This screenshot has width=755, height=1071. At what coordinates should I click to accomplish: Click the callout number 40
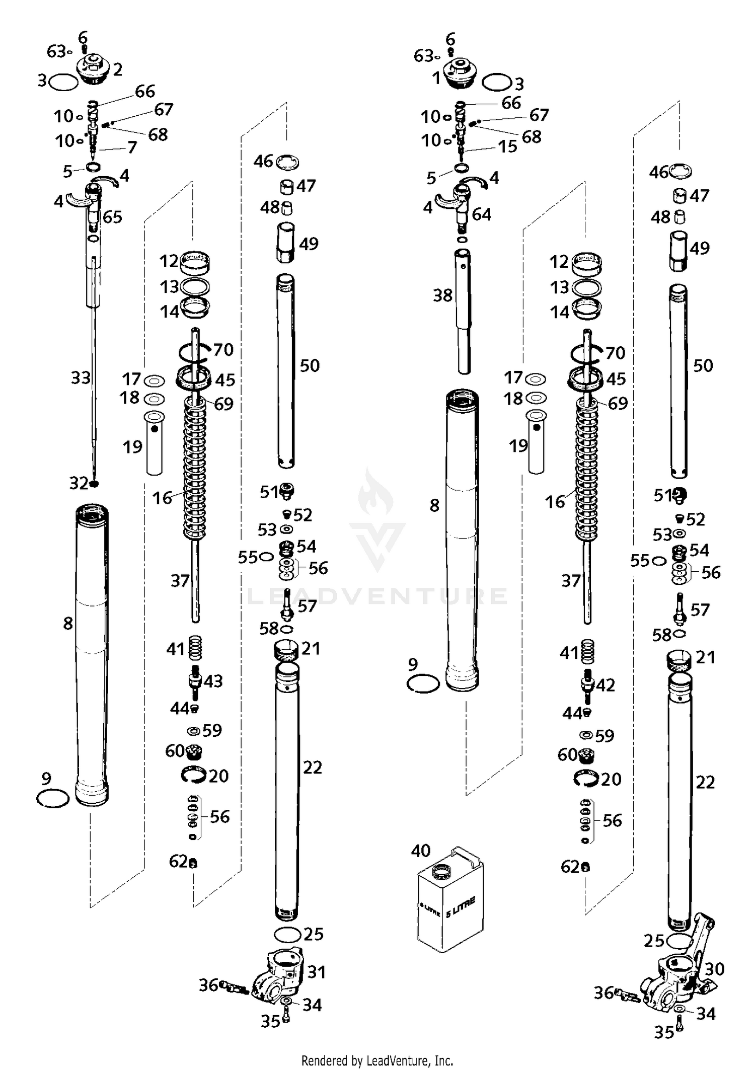421,851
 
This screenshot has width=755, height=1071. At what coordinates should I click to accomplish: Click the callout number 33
81,377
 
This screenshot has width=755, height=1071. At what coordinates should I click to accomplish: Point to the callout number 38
443,295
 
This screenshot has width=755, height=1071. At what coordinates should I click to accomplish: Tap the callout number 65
113,217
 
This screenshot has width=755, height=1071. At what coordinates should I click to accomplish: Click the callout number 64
481,214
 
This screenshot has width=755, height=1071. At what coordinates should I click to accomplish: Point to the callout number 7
132,147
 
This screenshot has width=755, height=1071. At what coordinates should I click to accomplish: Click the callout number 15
508,146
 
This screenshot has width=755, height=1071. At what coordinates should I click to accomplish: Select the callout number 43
213,681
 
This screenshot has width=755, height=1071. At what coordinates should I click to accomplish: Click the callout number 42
605,685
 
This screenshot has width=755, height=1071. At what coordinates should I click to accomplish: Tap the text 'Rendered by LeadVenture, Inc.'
377,1060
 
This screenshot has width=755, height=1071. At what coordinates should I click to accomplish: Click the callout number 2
118,69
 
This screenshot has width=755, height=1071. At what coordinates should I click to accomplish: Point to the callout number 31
317,972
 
